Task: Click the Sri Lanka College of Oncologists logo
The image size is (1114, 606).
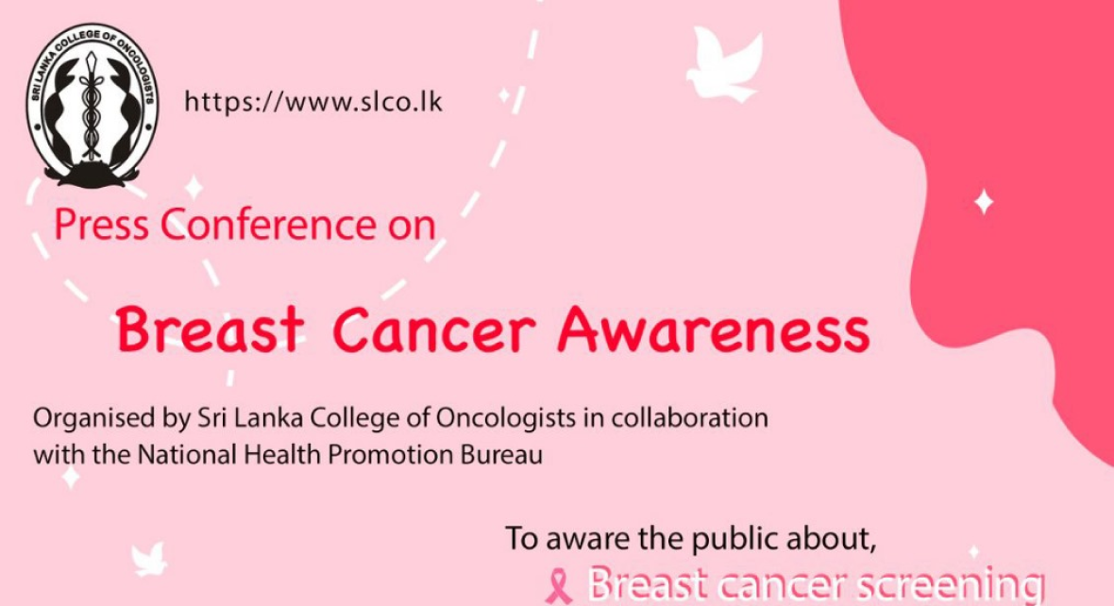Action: click(92, 106)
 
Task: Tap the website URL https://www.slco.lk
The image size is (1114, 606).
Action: click(313, 102)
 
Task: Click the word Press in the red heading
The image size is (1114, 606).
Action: click(102, 225)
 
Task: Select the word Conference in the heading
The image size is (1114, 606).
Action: click(266, 225)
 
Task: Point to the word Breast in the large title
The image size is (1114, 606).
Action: click(211, 329)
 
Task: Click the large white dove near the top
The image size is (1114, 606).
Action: click(725, 63)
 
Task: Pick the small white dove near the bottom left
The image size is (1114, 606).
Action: click(149, 559)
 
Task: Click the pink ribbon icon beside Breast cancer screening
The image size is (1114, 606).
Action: click(559, 586)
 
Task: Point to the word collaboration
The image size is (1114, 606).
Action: click(690, 417)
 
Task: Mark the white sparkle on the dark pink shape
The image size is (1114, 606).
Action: click(984, 202)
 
